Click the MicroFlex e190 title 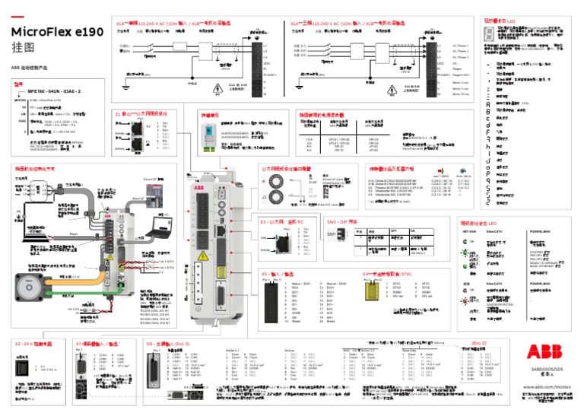[58, 33]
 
